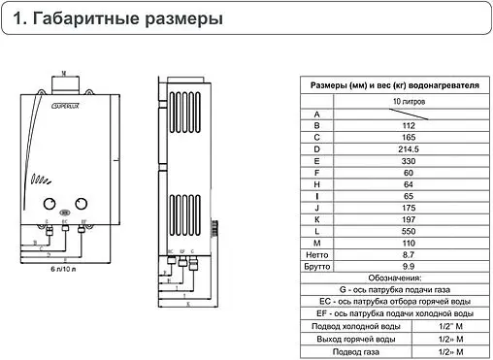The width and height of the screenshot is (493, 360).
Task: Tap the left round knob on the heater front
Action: coord(47,204)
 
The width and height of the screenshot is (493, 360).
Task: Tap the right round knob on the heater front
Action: coord(82,204)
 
